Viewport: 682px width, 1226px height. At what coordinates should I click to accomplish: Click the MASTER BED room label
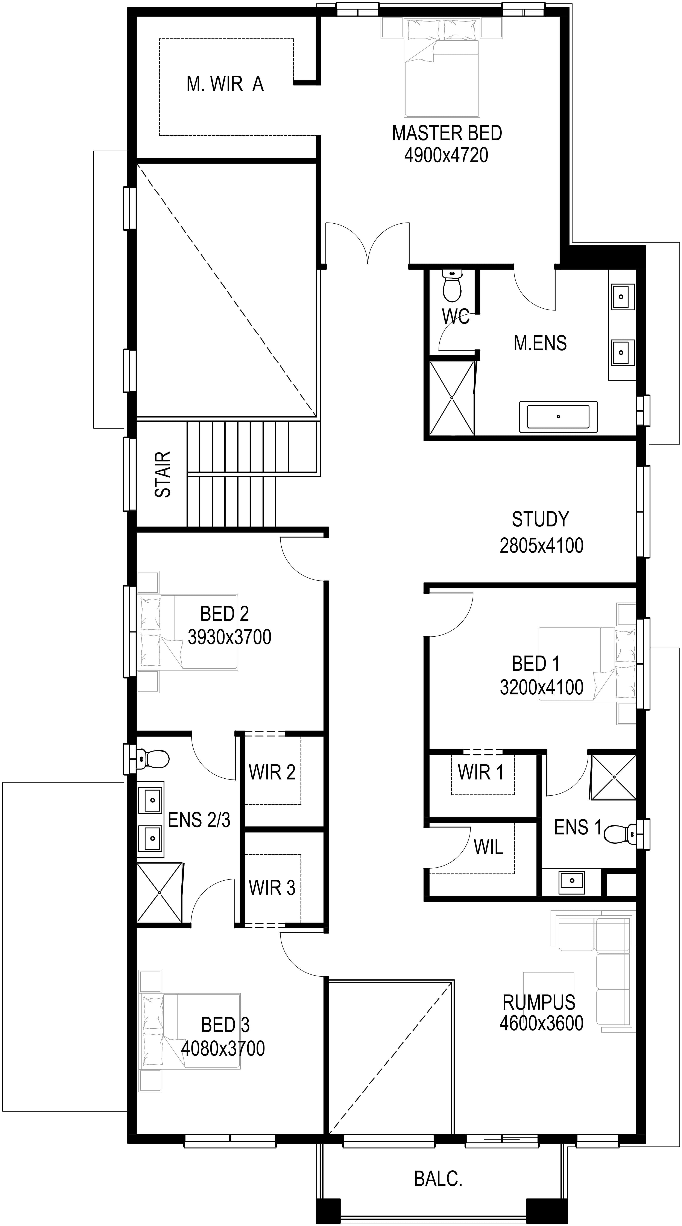(447, 133)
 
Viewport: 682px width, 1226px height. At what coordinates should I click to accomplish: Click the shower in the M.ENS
(452, 398)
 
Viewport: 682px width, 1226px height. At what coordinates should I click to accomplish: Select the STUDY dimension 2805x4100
(541, 545)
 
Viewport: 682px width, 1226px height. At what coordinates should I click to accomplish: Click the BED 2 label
(225, 614)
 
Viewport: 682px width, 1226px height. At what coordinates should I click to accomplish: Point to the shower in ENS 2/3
(159, 892)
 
